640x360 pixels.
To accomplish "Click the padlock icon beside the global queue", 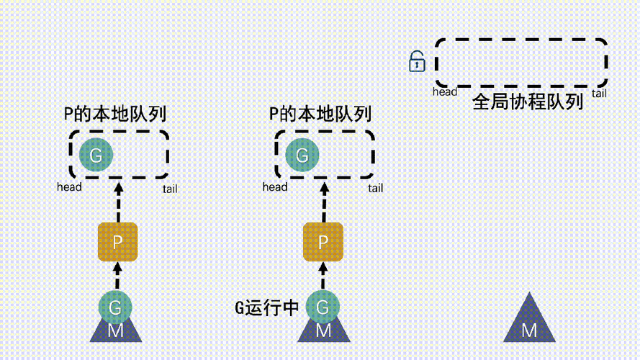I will tap(417, 62).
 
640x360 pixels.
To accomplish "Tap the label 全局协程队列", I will tap(527, 102).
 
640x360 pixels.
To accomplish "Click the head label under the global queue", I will tap(445, 92).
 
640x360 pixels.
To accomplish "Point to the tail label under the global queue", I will tap(599, 94).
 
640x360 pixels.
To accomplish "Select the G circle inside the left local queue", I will tap(95, 155).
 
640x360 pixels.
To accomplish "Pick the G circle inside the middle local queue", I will tap(302, 155).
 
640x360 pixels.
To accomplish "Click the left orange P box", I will tap(117, 242).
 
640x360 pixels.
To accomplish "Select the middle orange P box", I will tap(323, 242).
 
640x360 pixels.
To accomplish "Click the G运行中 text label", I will tap(266, 308).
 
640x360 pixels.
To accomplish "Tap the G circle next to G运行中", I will tap(323, 307).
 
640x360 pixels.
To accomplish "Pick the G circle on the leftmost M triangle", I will tap(115, 307).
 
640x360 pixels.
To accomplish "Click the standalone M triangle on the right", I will tap(529, 322).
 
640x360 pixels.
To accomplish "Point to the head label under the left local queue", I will tap(69, 187).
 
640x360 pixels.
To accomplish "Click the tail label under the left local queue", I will tap(170, 189).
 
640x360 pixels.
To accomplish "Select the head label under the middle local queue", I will tap(275, 187).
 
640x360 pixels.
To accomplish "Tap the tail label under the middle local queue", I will tap(375, 189).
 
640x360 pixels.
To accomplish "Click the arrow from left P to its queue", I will tap(117, 202).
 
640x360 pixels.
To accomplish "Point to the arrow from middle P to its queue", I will tap(323, 202).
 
